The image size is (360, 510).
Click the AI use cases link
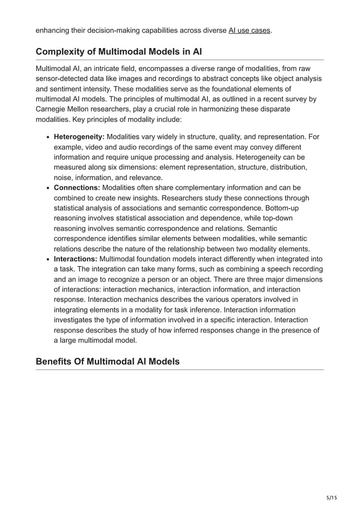tap(249, 29)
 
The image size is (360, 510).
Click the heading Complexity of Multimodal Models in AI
tap(119, 51)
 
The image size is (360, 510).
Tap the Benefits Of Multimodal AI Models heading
tap(107, 361)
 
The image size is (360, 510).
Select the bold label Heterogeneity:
tap(79, 136)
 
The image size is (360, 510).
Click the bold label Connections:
tap(78, 188)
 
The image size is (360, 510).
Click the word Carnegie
tap(52, 109)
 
